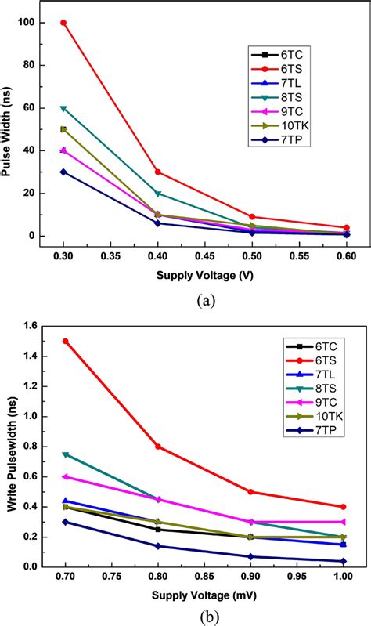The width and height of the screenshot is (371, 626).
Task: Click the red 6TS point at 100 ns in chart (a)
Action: (x=63, y=23)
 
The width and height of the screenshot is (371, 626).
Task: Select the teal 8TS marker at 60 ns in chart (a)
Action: (x=63, y=108)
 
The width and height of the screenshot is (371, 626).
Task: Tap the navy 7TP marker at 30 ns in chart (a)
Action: (x=63, y=172)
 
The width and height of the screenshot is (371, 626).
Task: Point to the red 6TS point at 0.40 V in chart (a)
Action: (x=158, y=172)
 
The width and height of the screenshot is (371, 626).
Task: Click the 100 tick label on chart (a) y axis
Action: (x=27, y=23)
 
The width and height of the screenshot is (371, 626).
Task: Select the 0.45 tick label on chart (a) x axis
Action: (x=205, y=255)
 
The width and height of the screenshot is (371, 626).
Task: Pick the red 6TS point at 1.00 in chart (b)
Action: (x=343, y=507)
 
